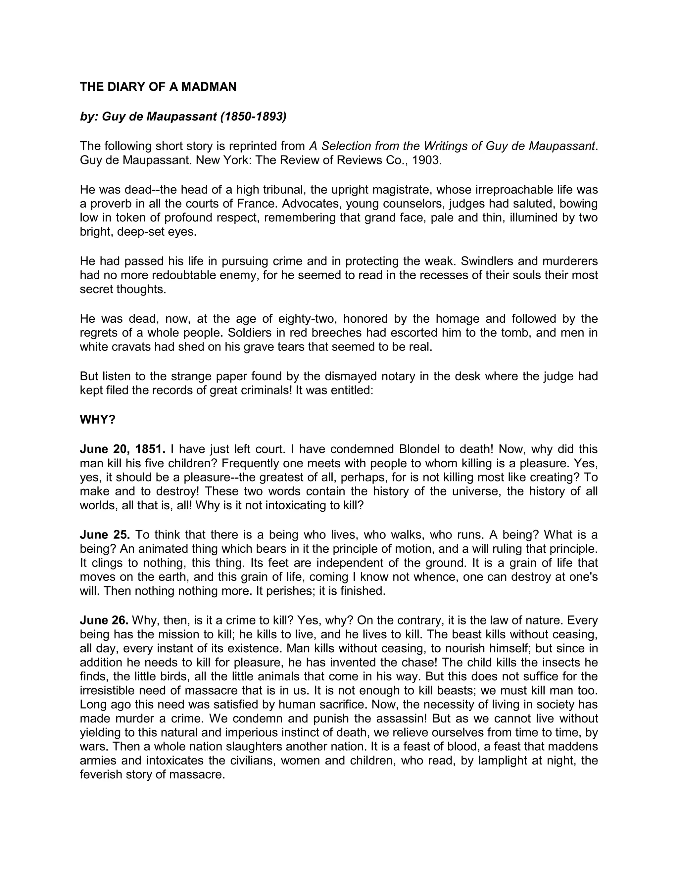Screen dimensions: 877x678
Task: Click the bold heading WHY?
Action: (98, 420)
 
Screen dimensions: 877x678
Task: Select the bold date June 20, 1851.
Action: (122, 449)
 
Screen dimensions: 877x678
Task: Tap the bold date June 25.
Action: (105, 535)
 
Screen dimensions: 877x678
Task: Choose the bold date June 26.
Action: (104, 621)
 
